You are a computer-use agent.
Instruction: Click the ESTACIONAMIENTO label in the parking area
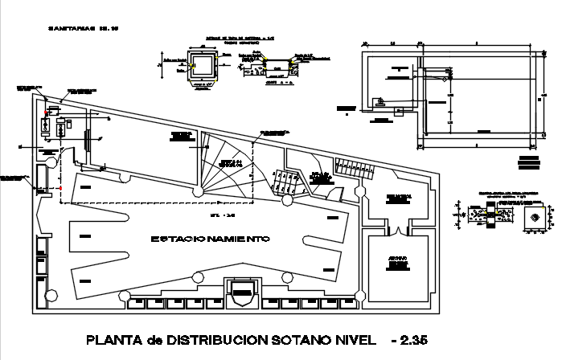coord(209,239)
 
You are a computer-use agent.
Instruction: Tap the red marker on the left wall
coord(60,189)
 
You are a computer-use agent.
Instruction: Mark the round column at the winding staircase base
coord(197,191)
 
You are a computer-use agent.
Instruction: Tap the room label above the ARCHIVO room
coord(398,197)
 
